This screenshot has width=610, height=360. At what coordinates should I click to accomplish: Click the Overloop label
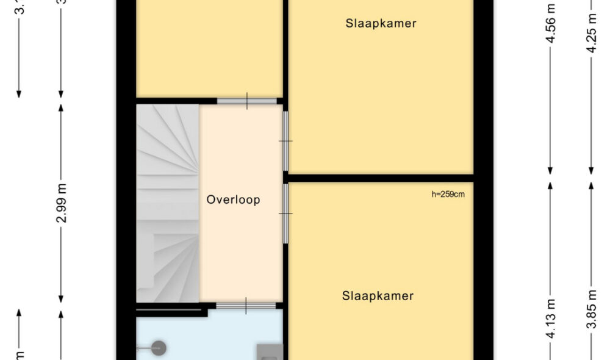point(233,200)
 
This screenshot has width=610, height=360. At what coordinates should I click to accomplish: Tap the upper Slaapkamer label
point(381,24)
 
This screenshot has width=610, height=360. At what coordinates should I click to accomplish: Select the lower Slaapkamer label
point(378,296)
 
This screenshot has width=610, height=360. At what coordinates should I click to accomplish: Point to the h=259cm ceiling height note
point(448,195)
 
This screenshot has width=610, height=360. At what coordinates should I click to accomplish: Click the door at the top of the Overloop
point(246,101)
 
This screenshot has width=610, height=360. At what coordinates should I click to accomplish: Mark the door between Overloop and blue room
point(246,306)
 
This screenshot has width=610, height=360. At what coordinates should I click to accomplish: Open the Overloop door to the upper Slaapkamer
point(285,141)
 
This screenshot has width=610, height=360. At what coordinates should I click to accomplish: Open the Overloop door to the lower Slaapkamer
point(285,213)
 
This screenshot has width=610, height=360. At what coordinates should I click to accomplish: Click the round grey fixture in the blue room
point(159,348)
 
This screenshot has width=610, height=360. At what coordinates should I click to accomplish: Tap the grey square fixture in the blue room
point(270,351)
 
